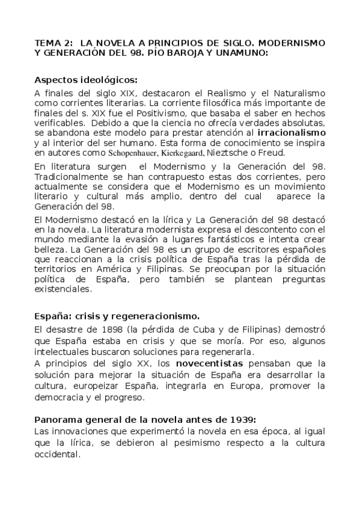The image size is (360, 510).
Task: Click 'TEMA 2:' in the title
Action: pos(50,44)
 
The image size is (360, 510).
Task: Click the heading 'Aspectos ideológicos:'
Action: pos(85,80)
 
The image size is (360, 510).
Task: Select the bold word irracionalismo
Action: pos(291,132)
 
